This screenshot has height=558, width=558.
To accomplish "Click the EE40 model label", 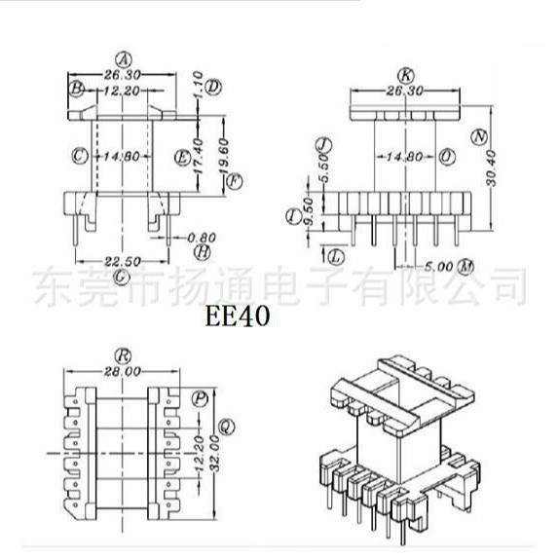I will [x=238, y=316].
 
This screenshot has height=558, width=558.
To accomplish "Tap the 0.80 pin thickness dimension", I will [x=202, y=237].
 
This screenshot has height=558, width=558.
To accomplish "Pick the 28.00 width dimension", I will [x=122, y=371].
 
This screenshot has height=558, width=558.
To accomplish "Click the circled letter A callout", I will [x=122, y=56].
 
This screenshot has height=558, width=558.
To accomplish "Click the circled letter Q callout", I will [x=226, y=424].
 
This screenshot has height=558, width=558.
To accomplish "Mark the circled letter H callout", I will [x=202, y=251].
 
